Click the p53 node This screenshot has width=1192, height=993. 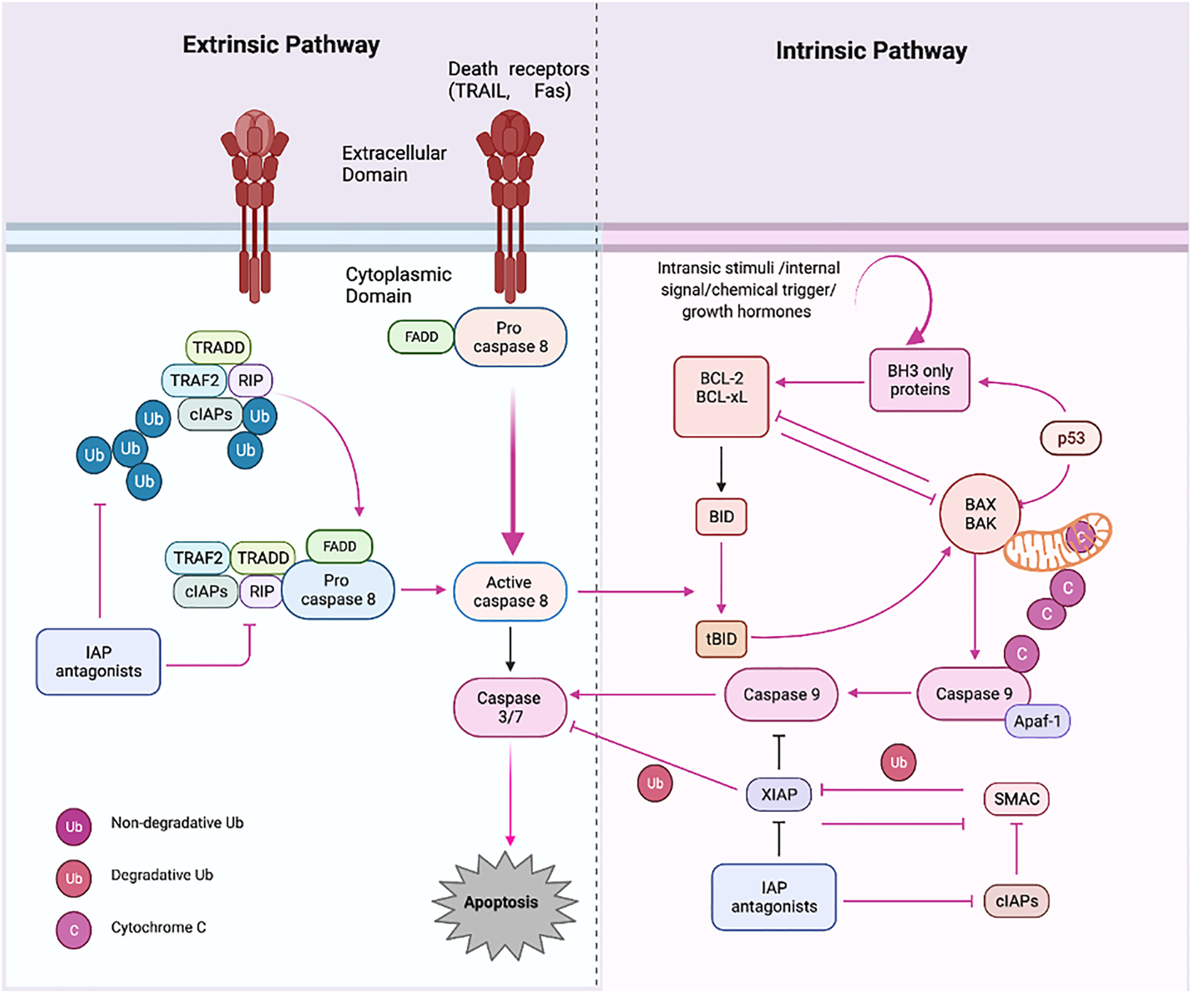point(1070,438)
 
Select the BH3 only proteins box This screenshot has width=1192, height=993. point(920,380)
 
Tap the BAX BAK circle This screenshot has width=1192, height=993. point(980,514)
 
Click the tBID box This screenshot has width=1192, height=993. point(721,639)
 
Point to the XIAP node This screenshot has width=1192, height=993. point(779,795)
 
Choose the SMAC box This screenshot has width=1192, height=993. point(1017,799)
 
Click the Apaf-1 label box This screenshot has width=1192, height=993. point(1038,721)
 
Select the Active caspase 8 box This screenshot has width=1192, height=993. point(510,591)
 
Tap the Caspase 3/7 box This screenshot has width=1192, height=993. point(510,707)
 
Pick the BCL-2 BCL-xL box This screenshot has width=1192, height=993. point(721,396)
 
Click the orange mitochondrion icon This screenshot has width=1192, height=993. point(1058,542)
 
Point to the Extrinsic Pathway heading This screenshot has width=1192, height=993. point(281,45)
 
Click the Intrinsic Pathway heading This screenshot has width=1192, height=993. point(871,51)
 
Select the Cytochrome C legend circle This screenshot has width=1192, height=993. point(74,930)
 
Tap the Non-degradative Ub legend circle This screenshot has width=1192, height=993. point(74,826)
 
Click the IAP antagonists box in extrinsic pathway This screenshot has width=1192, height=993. point(98,662)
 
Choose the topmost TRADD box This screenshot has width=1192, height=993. point(219,347)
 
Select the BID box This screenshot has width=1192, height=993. point(721,517)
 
